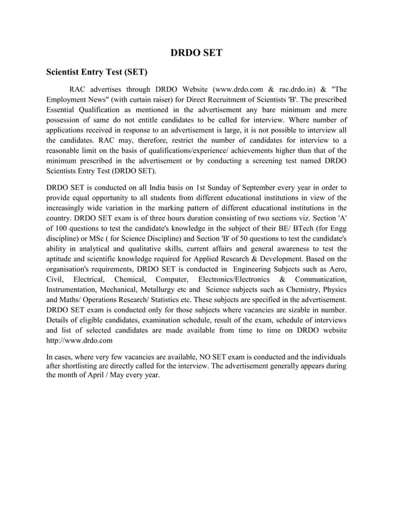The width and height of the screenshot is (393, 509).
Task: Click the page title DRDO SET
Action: [197, 53]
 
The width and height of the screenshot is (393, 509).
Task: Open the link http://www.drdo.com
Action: [79, 341]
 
